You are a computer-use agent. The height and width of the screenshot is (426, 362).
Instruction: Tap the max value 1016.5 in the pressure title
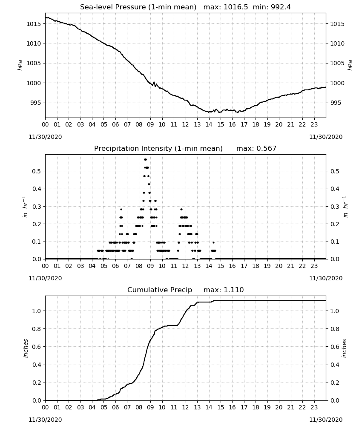pyautogui.click(x=236, y=7)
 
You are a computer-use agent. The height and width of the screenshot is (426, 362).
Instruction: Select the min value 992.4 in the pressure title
pyautogui.click(x=281, y=7)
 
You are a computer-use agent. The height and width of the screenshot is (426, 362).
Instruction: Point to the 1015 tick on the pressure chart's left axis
pyautogui.click(x=33, y=24)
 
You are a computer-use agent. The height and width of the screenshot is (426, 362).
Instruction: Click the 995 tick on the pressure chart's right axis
pyautogui.click(x=336, y=103)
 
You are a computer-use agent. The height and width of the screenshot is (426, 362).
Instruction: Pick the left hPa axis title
pyautogui.click(x=20, y=65)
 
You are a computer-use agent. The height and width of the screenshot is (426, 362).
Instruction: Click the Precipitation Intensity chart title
pyautogui.click(x=158, y=149)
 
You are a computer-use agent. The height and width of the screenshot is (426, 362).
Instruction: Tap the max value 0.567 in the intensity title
pyautogui.click(x=267, y=149)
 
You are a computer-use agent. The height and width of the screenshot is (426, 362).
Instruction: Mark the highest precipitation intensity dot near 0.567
pyautogui.click(x=145, y=159)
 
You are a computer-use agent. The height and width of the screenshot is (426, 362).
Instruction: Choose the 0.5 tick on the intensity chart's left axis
pyautogui.click(x=37, y=171)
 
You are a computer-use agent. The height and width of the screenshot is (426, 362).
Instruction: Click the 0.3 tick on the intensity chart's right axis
pyautogui.click(x=335, y=207)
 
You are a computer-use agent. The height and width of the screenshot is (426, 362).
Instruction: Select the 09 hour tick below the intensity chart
pyautogui.click(x=150, y=266)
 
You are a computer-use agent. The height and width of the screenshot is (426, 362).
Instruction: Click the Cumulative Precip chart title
pyautogui.click(x=160, y=290)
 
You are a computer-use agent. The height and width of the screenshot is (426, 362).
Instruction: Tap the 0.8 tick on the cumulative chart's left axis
pyautogui.click(x=37, y=329)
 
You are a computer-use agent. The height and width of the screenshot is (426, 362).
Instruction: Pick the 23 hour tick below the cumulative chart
pyautogui.click(x=314, y=407)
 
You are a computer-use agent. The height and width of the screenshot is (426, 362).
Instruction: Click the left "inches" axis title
pyautogui.click(x=26, y=348)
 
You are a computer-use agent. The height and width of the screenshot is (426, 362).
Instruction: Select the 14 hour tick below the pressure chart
pyautogui.click(x=209, y=124)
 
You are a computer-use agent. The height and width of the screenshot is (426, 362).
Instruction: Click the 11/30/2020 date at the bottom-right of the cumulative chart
pyautogui.click(x=326, y=420)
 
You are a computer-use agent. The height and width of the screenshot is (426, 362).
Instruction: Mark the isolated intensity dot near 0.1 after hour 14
pyautogui.click(x=213, y=243)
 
